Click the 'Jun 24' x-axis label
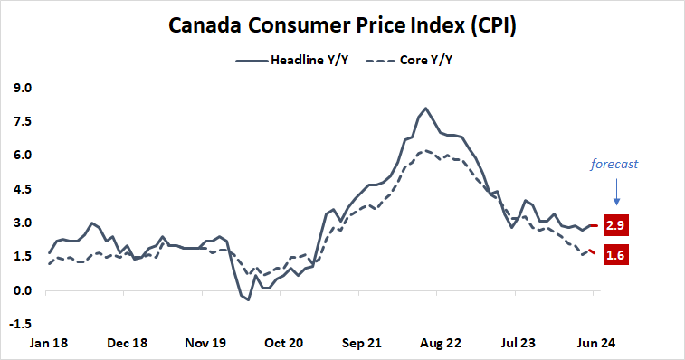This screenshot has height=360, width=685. [594, 344]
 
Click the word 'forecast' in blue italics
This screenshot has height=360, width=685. [615, 165]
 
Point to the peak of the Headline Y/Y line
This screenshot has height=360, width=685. [425, 109]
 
